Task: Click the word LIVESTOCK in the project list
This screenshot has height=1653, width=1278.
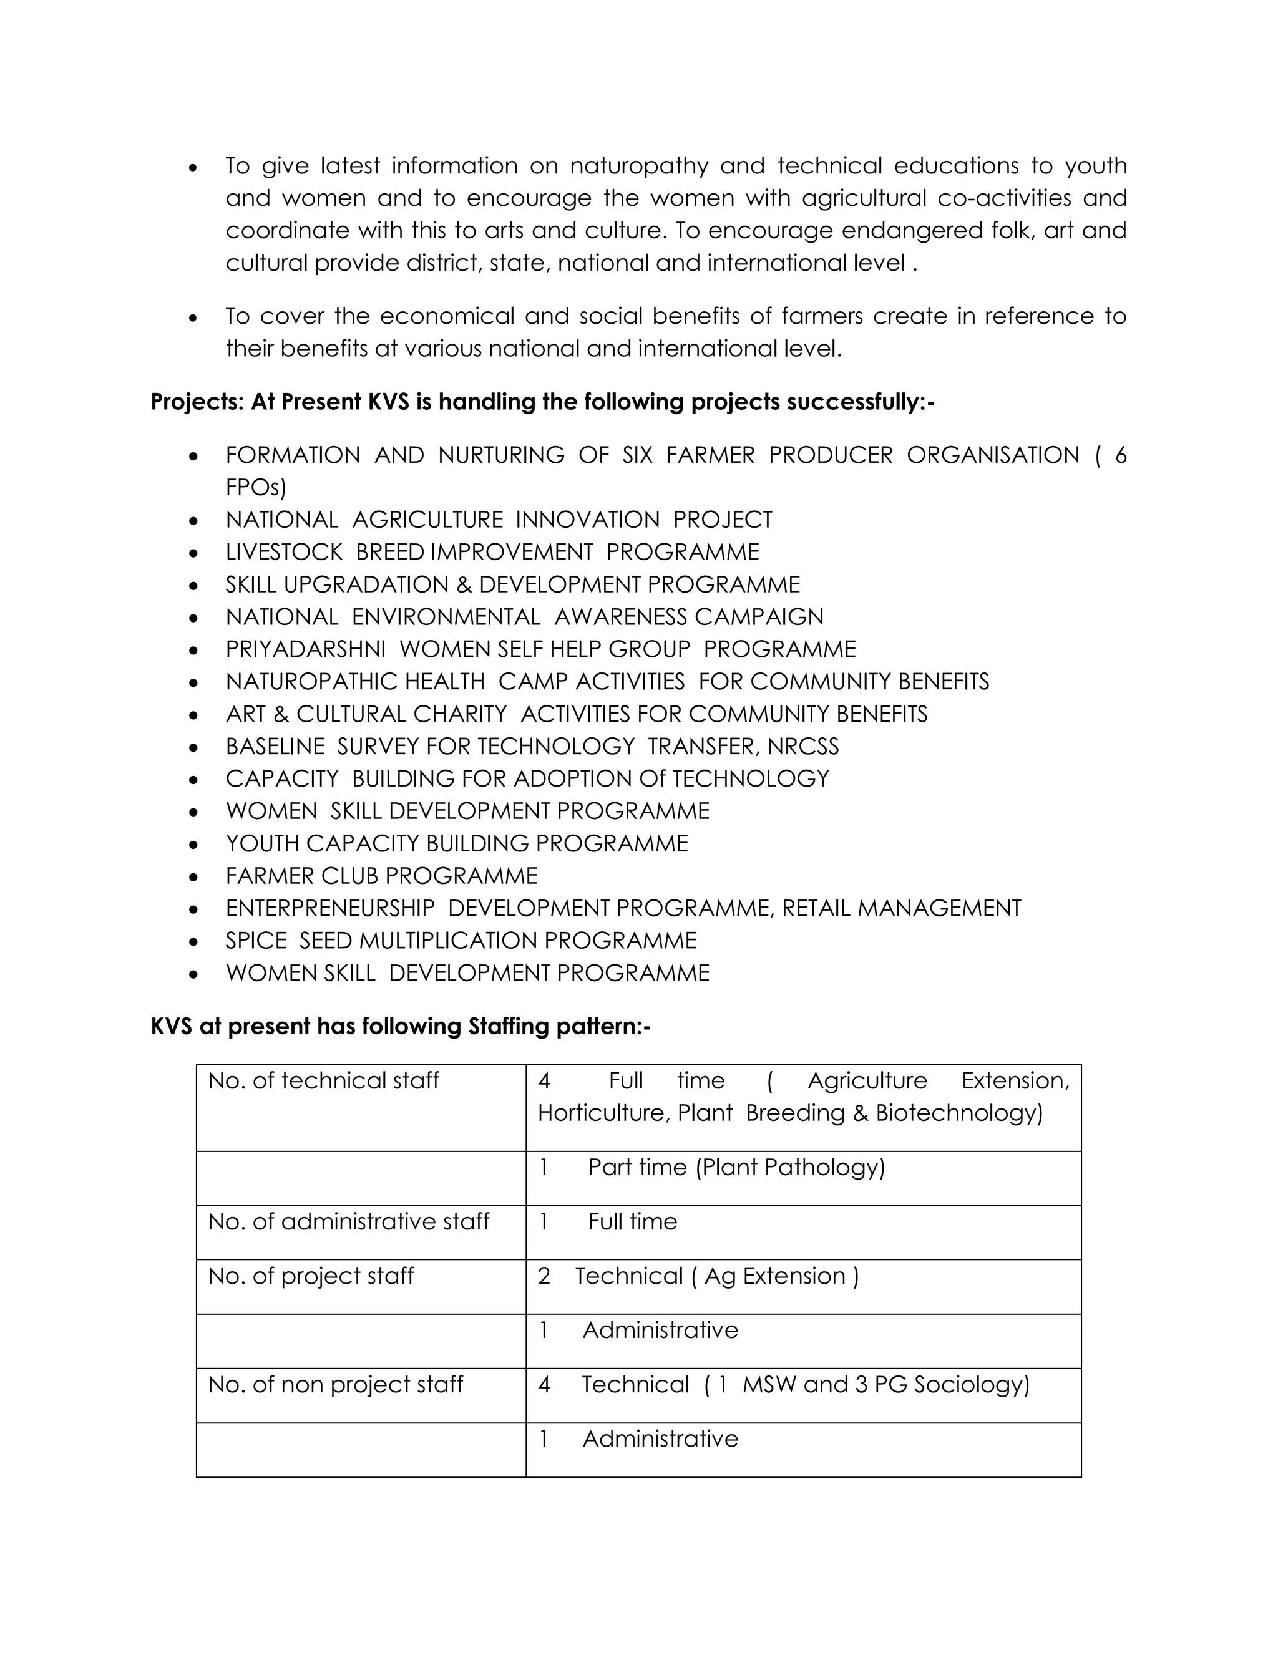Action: click(x=284, y=553)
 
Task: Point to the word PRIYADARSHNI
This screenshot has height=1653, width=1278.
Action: click(x=305, y=649)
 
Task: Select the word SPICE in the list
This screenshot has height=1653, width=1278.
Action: click(x=256, y=941)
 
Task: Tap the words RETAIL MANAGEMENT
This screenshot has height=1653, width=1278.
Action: click(x=901, y=908)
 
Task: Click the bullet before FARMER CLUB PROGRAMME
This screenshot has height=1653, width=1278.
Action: click(x=194, y=877)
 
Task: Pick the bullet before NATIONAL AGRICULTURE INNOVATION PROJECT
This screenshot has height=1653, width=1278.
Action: click(x=194, y=521)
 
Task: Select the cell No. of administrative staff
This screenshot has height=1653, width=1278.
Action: click(x=348, y=1221)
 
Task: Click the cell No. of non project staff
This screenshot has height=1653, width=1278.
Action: click(x=335, y=1384)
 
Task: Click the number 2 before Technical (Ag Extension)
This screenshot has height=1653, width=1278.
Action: click(x=544, y=1276)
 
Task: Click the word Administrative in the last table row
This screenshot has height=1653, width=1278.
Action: click(x=660, y=1439)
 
